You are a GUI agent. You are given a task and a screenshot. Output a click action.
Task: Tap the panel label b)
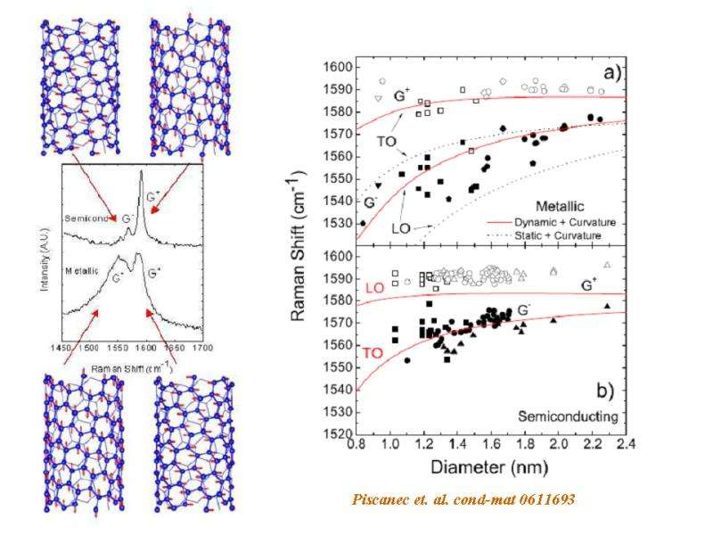pos(614,391)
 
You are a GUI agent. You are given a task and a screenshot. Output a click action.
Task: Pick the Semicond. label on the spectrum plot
pos(87,218)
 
